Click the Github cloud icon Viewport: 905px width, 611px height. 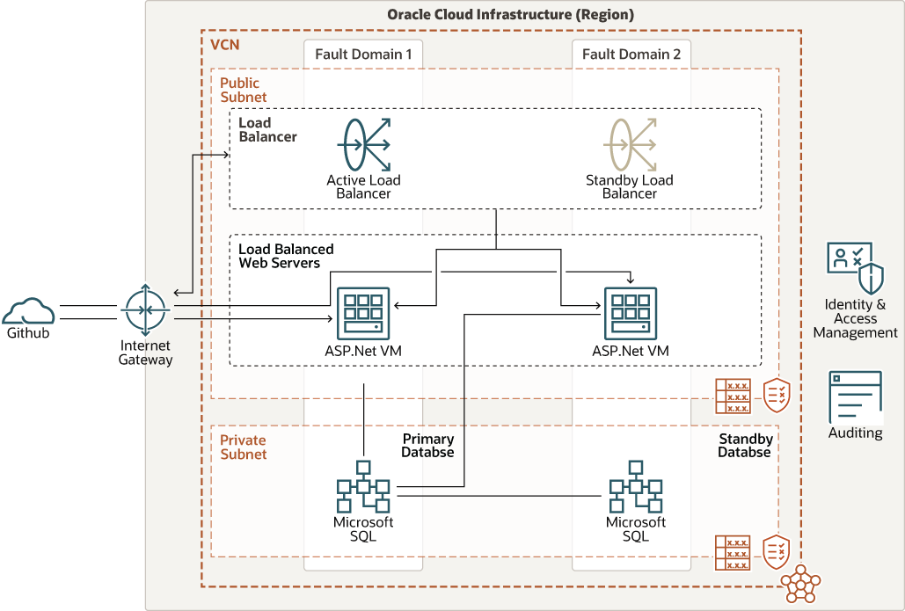(28, 311)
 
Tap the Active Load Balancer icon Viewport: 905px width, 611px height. (363, 143)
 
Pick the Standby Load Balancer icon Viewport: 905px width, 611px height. (630, 143)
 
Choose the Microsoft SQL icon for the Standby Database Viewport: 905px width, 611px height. (635, 486)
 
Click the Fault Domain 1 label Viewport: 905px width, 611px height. (363, 55)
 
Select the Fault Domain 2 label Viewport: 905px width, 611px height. (631, 55)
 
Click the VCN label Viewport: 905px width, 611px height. (225, 44)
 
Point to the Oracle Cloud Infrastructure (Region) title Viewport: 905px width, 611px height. (510, 15)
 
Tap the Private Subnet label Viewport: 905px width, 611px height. (243, 447)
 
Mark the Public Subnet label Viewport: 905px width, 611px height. (243, 90)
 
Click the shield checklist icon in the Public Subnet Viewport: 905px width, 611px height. (777, 395)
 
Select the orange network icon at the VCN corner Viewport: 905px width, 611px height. (800, 584)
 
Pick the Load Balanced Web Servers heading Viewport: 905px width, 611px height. (286, 256)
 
